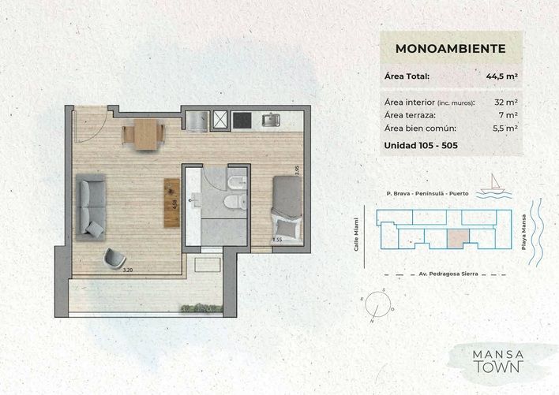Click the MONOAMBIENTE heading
pyautogui.click(x=450, y=48)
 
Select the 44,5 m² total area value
pyautogui.click(x=501, y=76)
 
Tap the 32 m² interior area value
pyautogui.click(x=506, y=102)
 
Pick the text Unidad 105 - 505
pyautogui.click(x=421, y=145)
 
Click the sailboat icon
pyautogui.click(x=493, y=186)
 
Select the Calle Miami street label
pyautogui.click(x=356, y=234)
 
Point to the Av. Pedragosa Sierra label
pyautogui.click(x=448, y=274)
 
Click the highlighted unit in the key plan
pyautogui.click(x=458, y=238)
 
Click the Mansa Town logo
pyautogui.click(x=497, y=361)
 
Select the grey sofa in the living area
pyautogui.click(x=91, y=207)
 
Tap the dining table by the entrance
pyautogui.click(x=144, y=134)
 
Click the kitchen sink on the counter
pyautogui.click(x=271, y=120)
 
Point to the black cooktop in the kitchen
pyautogui.click(x=242, y=120)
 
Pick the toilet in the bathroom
pyautogui.click(x=235, y=202)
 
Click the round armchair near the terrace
pyautogui.click(x=114, y=258)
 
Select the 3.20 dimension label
pyautogui.click(x=128, y=270)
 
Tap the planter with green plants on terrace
pyautogui.click(x=201, y=308)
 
